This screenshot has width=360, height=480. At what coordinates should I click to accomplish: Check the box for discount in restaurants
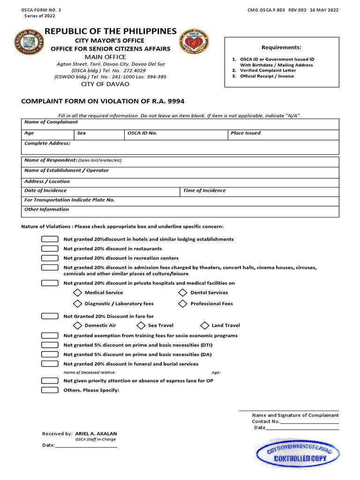(x=50, y=248)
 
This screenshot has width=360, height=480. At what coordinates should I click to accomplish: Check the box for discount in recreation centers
(x=50, y=258)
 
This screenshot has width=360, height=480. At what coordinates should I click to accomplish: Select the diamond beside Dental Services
(x=183, y=292)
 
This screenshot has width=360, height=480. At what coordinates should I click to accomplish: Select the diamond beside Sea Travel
(x=141, y=325)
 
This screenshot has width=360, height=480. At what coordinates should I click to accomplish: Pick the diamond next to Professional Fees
(x=183, y=304)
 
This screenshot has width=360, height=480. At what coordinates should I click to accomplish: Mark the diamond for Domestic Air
(x=77, y=325)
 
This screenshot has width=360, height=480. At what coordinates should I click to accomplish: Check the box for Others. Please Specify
(x=50, y=390)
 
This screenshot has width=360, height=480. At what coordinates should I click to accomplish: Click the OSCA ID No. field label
(x=142, y=133)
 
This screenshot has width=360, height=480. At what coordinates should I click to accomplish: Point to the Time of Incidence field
(x=258, y=191)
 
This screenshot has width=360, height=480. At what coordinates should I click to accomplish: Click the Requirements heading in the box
(x=281, y=47)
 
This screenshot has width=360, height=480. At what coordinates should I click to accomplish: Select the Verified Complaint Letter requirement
(x=268, y=70)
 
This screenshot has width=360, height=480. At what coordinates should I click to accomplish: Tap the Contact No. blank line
(x=309, y=421)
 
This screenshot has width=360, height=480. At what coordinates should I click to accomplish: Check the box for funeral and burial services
(x=50, y=364)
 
